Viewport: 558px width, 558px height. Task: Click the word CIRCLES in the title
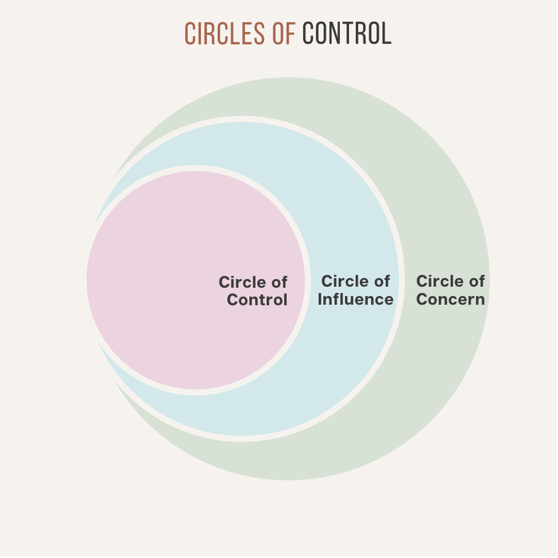point(226,34)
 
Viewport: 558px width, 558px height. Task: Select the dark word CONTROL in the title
point(347,34)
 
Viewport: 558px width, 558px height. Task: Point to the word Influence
point(355,299)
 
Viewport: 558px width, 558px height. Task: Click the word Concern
point(451,299)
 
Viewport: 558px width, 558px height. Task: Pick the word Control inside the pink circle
point(257,300)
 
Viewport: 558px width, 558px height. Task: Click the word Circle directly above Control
point(242,282)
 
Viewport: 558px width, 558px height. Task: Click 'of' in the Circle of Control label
point(278,282)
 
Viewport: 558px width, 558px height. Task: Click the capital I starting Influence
point(320,299)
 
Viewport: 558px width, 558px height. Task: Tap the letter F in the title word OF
point(290,34)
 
